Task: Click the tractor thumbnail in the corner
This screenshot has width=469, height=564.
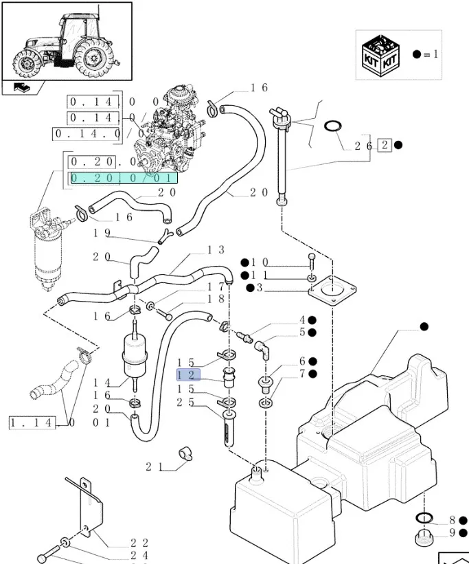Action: [67, 41]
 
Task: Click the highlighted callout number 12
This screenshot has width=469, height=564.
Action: [187, 375]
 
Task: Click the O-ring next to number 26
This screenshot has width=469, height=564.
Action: [333, 126]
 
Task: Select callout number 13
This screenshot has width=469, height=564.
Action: [216, 251]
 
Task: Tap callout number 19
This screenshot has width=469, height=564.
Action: [102, 233]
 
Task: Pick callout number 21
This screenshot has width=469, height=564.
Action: [154, 467]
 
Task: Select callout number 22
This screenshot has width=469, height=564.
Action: [140, 543]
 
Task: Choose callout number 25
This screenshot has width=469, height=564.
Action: [185, 402]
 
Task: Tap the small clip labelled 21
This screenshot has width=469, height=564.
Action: [184, 453]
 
